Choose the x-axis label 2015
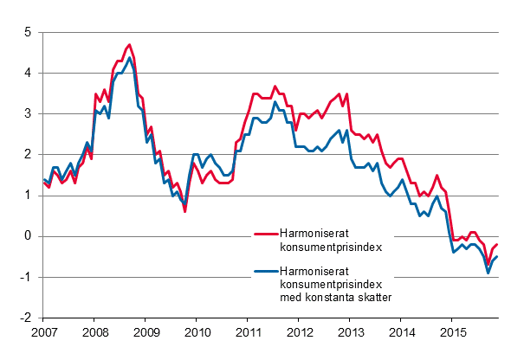452,332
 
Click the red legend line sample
264,233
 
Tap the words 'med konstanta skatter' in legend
336,297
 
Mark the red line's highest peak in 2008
130,44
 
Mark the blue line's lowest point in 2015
488,273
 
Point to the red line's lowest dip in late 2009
184,211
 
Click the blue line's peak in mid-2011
275,102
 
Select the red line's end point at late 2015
497,245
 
